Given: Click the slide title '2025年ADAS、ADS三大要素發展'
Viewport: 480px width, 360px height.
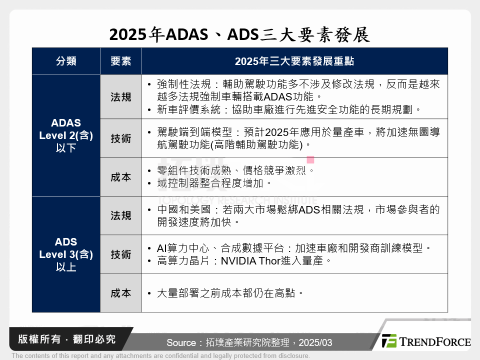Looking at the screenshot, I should point(239,34).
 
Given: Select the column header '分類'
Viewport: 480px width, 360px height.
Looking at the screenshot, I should point(66,61).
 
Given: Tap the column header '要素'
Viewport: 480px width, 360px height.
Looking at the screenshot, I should point(120,61).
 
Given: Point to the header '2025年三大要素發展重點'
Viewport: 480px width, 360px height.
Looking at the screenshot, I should point(294,61).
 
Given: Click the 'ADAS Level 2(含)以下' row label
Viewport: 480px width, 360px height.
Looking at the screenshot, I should point(66,135).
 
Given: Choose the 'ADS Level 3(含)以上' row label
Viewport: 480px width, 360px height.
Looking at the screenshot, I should point(66,254).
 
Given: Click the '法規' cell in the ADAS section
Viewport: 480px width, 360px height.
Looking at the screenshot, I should point(120,97).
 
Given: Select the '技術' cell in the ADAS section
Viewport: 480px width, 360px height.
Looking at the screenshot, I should point(120,138).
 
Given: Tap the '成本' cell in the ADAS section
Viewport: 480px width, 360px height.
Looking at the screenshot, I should point(120,177).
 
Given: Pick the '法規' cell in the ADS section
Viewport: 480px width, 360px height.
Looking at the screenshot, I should point(120,215).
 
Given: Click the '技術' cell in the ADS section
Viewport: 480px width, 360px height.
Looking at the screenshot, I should point(120,254).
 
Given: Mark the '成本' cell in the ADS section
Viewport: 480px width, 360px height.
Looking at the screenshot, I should point(120,293).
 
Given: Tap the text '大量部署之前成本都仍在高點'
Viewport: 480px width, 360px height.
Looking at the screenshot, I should point(230,293).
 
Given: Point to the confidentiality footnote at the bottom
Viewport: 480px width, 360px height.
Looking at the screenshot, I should point(160,356).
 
